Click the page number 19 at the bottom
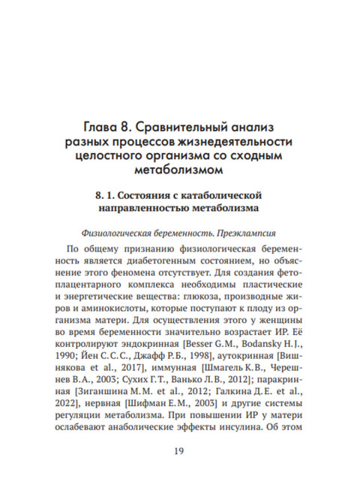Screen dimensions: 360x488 [179, 450]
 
